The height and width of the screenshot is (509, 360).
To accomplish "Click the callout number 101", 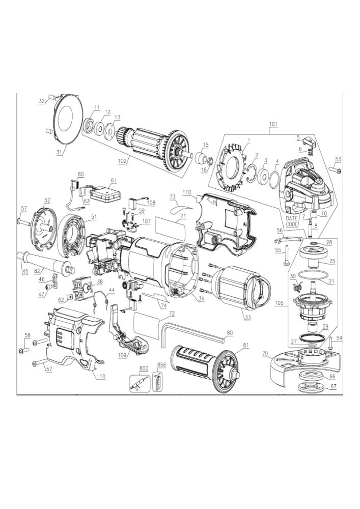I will [x=273, y=123].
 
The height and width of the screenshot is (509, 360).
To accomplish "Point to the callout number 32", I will [x=42, y=101].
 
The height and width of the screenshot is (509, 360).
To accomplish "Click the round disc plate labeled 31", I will [x=66, y=120].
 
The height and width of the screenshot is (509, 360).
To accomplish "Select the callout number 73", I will [x=172, y=196].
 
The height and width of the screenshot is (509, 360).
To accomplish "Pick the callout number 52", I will [x=47, y=200].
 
